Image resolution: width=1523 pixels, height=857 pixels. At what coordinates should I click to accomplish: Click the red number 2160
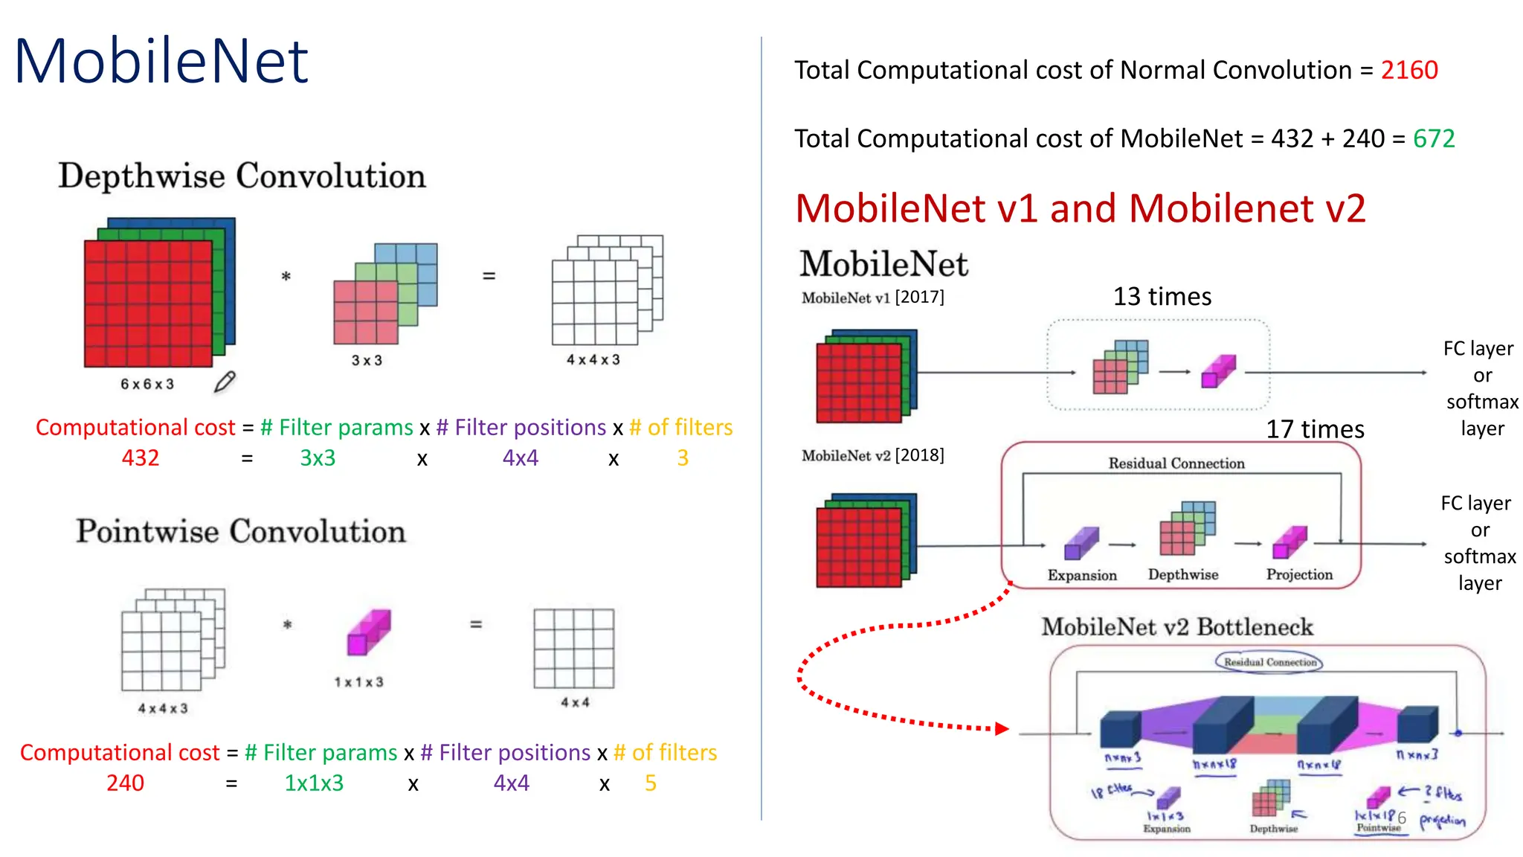tap(1409, 70)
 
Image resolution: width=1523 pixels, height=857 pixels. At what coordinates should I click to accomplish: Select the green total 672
tap(1434, 138)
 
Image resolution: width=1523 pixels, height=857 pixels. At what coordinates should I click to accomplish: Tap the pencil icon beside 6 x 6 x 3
tap(225, 382)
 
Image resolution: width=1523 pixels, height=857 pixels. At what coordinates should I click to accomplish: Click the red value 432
tap(141, 458)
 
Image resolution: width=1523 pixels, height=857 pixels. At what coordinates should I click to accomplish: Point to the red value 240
tap(125, 783)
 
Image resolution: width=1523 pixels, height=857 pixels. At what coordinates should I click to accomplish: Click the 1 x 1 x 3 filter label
tap(358, 682)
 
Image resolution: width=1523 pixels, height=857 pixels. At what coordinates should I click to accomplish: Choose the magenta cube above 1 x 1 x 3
tap(369, 632)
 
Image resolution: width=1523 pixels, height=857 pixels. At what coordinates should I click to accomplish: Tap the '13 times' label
tap(1162, 297)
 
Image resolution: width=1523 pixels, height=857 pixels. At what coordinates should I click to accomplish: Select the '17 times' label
tap(1315, 429)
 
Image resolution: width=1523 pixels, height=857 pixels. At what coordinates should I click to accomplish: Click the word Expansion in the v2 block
tap(1082, 575)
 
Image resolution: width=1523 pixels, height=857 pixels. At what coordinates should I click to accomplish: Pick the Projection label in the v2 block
tap(1299, 574)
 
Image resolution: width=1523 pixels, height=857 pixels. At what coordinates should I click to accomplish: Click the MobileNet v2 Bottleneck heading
tap(1176, 627)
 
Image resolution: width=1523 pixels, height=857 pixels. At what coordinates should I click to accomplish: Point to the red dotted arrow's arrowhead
tap(1002, 728)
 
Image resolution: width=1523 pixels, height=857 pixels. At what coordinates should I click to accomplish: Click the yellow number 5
tap(651, 783)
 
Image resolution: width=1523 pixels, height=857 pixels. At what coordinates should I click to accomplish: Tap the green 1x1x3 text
tap(314, 783)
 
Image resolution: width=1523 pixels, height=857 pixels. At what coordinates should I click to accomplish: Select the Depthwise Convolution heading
tap(242, 176)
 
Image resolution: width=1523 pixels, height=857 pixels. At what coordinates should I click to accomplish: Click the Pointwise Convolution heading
tap(241, 531)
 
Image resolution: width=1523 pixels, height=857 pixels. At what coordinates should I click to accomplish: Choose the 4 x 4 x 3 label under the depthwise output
tap(593, 360)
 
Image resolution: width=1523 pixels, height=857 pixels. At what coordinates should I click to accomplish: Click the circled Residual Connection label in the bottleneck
tap(1269, 662)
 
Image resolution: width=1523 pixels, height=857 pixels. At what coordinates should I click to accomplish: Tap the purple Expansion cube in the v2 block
tap(1081, 543)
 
